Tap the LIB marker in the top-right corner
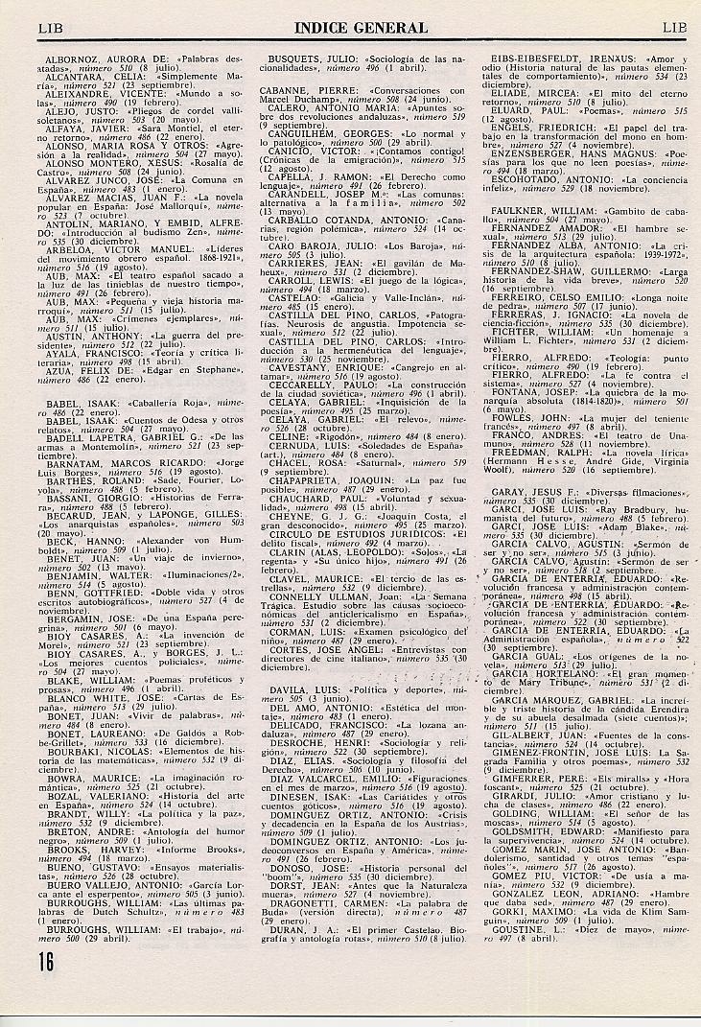(674, 29)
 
